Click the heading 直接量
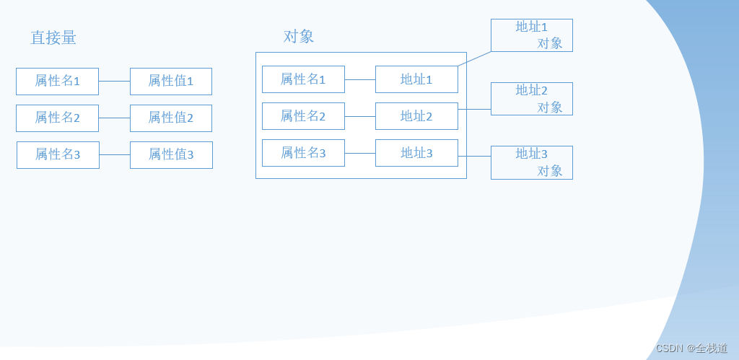click(53, 38)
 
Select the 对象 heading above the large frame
click(299, 36)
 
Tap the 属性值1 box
click(171, 81)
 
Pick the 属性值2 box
click(171, 118)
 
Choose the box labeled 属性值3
click(171, 154)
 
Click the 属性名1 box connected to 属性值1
click(57, 81)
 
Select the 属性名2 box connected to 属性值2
click(57, 118)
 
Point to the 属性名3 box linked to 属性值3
click(58, 154)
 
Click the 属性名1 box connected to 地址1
click(303, 79)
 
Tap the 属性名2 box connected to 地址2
click(303, 116)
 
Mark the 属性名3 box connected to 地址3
click(303, 153)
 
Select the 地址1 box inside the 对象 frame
click(416, 79)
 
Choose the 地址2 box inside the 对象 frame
click(416, 116)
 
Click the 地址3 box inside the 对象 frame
click(416, 153)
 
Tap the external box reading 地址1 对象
click(532, 35)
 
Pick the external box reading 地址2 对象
click(532, 99)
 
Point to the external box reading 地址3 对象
click(532, 162)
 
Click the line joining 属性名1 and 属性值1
click(114, 81)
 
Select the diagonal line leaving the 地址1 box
click(475, 58)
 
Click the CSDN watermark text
click(691, 348)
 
